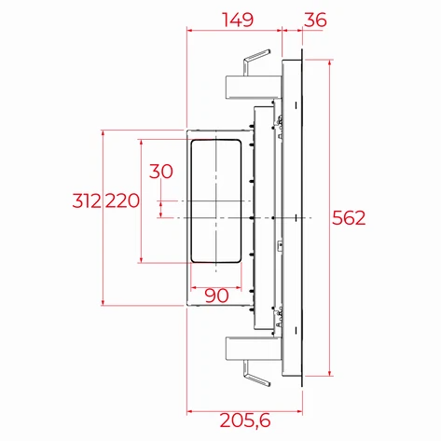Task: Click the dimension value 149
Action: (235, 18)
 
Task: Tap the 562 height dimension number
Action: (349, 218)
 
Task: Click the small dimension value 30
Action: (161, 171)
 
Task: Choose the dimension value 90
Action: (215, 296)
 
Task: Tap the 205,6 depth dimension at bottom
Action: (237, 422)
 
